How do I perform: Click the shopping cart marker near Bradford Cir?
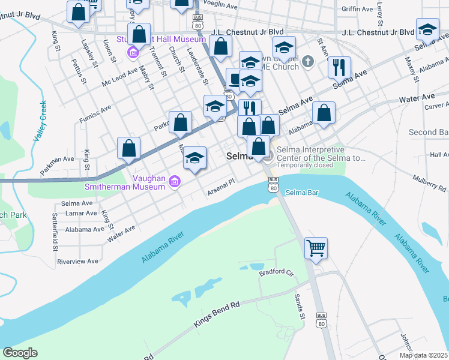point(316,247)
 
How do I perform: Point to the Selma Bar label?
point(301,193)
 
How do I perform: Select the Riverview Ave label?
point(77,261)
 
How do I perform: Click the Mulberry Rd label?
point(430,182)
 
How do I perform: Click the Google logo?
point(20,353)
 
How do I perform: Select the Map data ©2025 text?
point(424,355)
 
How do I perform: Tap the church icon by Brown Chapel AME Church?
point(308,61)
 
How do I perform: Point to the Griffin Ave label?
point(357,9)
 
